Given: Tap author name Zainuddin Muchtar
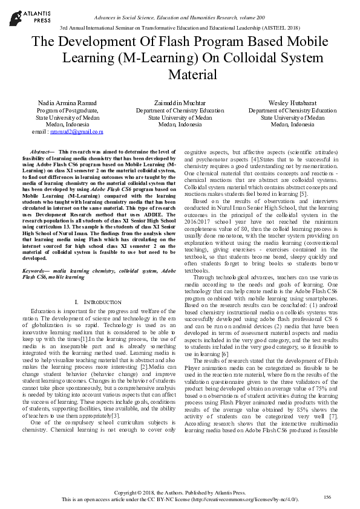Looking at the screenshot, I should click(179, 103).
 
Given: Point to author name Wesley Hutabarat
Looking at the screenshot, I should click(292, 103).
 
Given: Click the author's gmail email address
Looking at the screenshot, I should click(77, 131).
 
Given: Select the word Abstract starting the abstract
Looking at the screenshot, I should click(41, 151).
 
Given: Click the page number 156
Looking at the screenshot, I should click(327, 496).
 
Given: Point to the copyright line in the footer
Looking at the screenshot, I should click(180, 493).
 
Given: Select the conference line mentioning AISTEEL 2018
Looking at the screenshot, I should click(180, 28).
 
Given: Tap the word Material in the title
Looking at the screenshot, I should click(192, 74).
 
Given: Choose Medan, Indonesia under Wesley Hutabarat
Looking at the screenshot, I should click(292, 125).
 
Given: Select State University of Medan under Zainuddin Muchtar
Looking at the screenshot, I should click(179, 118).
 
